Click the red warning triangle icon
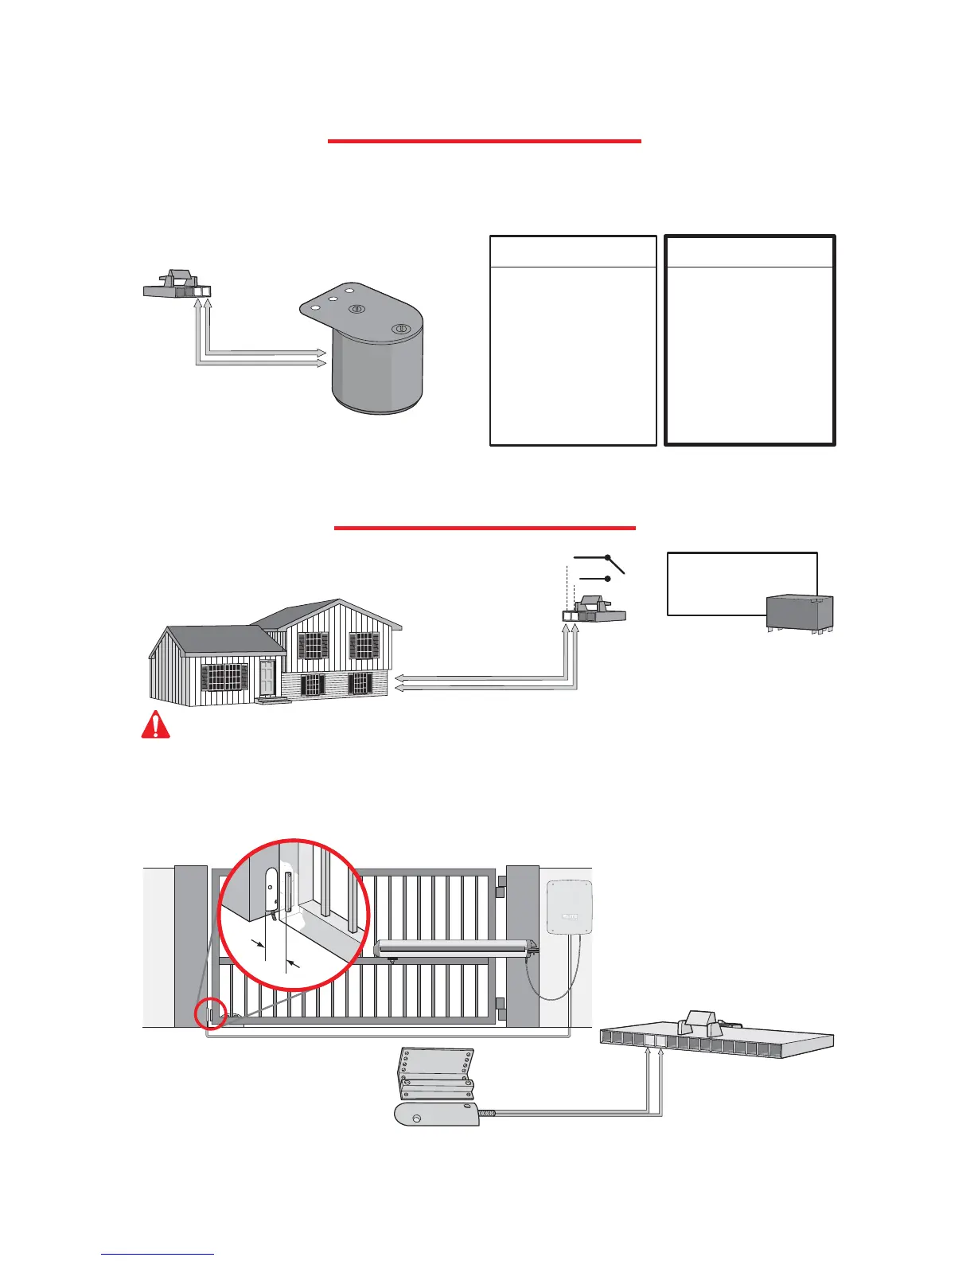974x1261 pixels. tap(156, 724)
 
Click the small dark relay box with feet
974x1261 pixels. tap(799, 613)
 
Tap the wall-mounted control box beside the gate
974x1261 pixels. tap(571, 907)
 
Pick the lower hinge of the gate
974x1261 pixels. tap(501, 1004)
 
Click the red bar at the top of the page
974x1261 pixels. tap(484, 141)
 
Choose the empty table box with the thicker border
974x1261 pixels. tap(750, 340)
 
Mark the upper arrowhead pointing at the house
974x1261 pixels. tap(400, 677)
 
